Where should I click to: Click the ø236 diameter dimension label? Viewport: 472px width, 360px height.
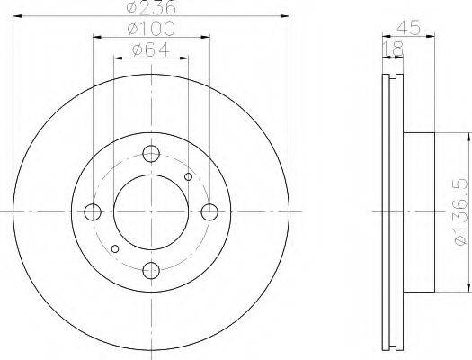pos(151,7)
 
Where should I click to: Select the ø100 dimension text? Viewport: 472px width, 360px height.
pos(151,28)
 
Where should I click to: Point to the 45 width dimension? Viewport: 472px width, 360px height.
pos(408,28)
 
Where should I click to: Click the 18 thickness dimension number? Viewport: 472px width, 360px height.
pos(393,49)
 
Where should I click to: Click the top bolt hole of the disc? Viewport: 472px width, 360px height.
pos(151,154)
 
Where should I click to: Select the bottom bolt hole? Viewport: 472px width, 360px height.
pos(151,271)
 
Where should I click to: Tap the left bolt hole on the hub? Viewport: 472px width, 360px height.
pos(93,212)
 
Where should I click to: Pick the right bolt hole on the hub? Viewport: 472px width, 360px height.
pos(209,212)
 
